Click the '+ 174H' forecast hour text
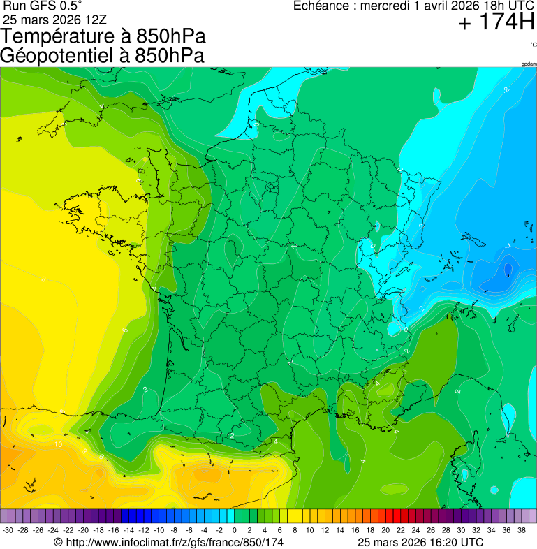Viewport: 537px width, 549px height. click(496, 23)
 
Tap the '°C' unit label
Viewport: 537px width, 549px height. click(533, 45)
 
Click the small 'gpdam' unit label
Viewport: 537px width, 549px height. click(529, 64)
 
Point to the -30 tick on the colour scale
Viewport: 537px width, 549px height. click(8, 530)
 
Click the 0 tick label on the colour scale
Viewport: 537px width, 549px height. click(234, 530)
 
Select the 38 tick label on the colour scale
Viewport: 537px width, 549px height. click(521, 530)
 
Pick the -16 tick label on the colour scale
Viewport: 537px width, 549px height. click(114, 530)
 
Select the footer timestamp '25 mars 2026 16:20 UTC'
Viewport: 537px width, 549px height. click(420, 542)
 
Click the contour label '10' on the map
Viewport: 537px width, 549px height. click(59, 444)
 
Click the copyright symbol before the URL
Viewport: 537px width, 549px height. click(59, 542)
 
